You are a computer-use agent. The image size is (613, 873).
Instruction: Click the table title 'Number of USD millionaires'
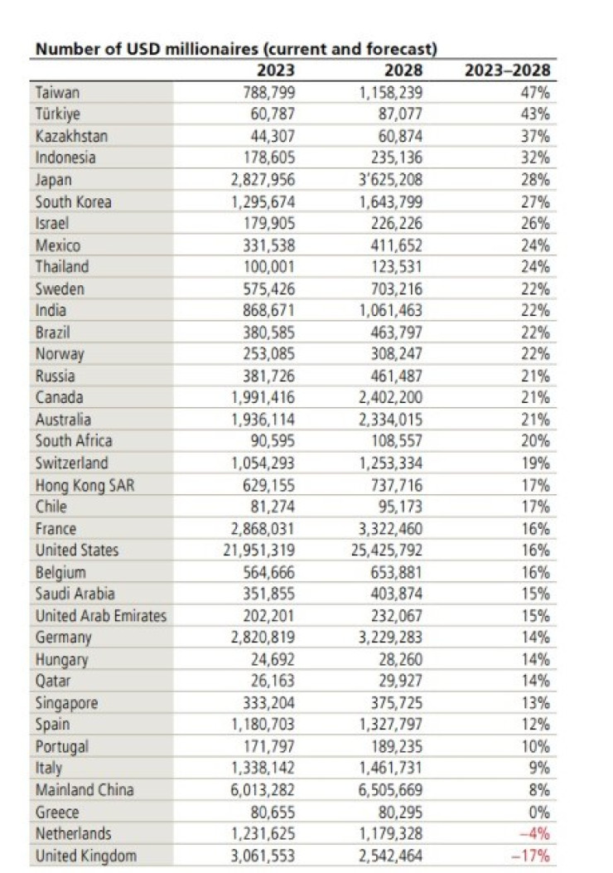pos(235,49)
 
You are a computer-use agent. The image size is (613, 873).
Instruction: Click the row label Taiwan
pos(57,92)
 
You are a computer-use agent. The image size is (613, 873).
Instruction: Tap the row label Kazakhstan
pos(71,136)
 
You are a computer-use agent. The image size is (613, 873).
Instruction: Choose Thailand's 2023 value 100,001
pos(272,267)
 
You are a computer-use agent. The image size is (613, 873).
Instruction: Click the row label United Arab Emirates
pos(100,616)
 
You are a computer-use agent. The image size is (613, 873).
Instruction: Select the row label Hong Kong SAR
pos(84,485)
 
